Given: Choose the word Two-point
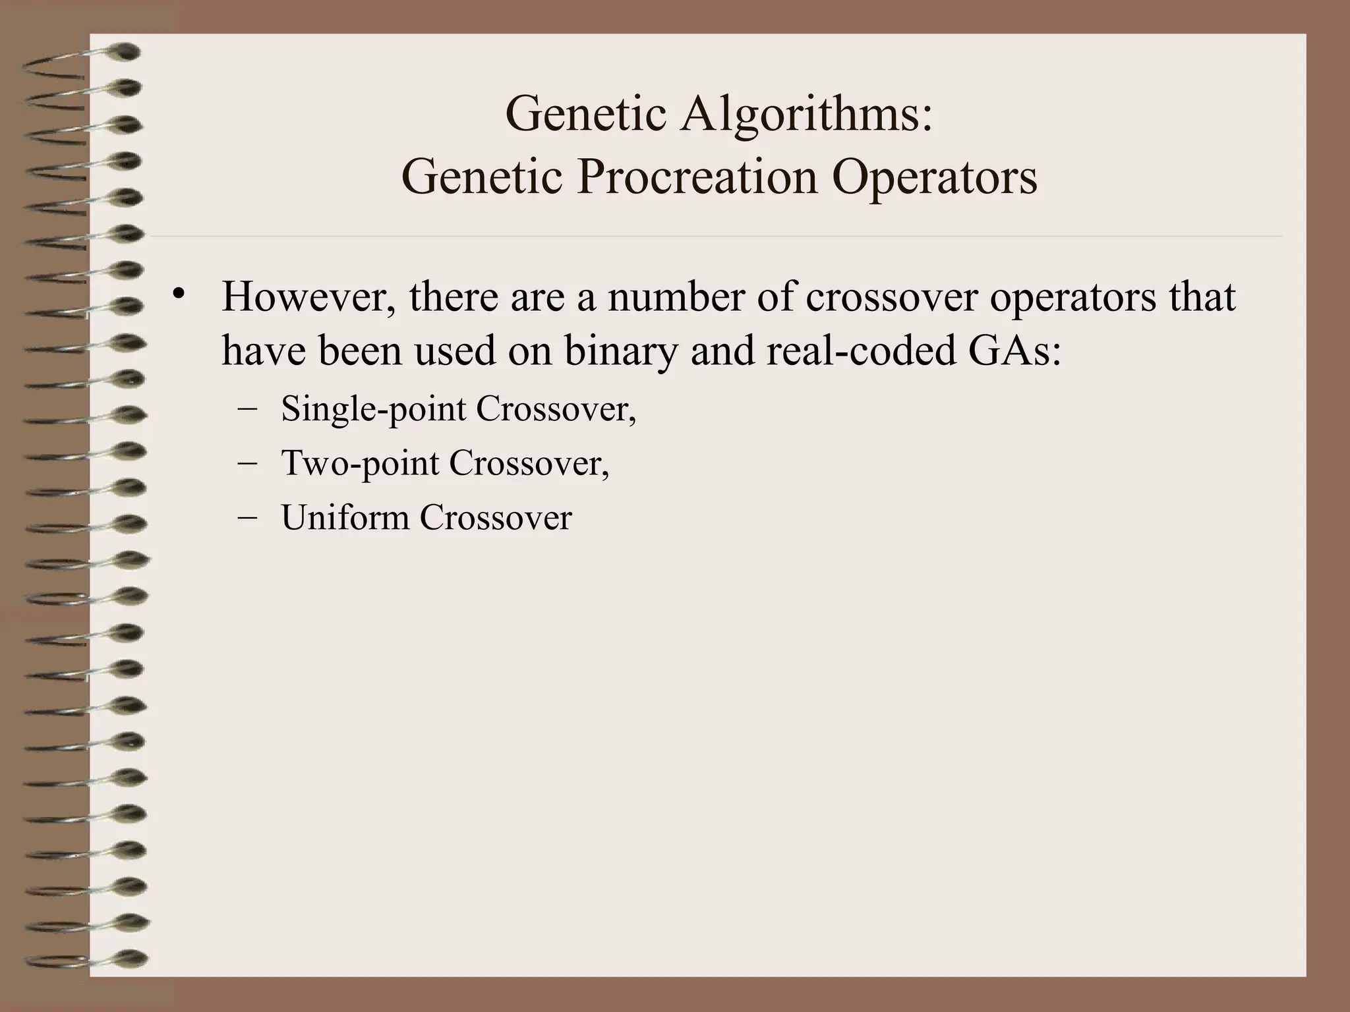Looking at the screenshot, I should pos(360,464).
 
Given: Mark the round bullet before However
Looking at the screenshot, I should pos(176,294).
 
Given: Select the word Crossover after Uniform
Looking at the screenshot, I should pos(496,517).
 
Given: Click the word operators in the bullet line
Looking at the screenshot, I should pos(1073,298).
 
